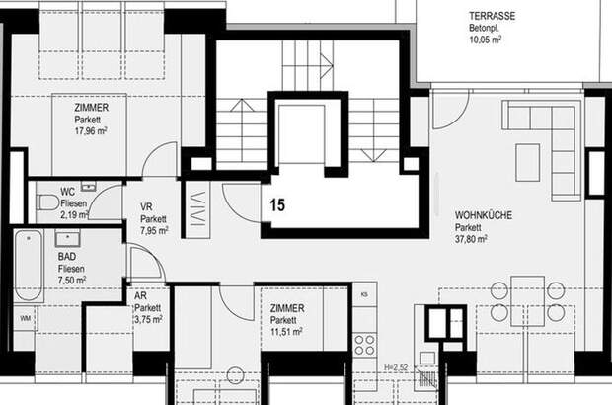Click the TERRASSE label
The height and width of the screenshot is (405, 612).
[492, 16]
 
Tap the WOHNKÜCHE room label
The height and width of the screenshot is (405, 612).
[484, 215]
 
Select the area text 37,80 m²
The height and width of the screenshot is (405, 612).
[471, 239]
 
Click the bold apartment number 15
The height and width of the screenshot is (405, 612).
[277, 205]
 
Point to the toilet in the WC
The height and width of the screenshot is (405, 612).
[47, 202]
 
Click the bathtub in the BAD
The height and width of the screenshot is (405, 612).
[29, 265]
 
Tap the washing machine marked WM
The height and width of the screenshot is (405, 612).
[25, 318]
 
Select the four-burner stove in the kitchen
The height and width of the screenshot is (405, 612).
[365, 346]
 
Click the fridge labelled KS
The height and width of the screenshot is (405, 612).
[365, 294]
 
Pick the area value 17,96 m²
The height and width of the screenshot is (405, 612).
[91, 130]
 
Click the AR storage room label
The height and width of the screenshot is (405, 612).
[140, 295]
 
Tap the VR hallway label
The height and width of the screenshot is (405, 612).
[146, 207]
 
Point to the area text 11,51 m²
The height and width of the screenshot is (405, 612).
[286, 332]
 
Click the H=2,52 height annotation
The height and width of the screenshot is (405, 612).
[396, 367]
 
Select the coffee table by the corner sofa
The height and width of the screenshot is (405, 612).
[528, 162]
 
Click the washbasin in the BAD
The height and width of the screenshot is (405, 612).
[68, 238]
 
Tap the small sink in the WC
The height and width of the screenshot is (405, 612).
[89, 187]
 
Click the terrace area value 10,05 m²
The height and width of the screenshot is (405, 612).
[485, 40]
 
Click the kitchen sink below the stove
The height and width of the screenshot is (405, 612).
[427, 358]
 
